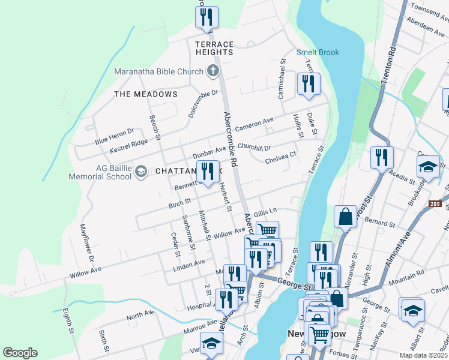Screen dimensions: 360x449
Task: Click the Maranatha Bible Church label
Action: [159, 72]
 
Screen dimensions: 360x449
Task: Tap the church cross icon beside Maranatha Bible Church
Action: [212, 72]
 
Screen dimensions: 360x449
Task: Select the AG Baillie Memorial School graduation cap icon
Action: [140, 172]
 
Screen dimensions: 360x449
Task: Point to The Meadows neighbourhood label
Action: [146, 94]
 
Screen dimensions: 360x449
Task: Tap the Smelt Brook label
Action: [318, 52]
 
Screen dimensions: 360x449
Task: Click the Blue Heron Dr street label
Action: [113, 136]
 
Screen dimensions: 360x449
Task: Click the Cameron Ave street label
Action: [254, 125]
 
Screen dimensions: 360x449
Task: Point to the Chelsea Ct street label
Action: [280, 157]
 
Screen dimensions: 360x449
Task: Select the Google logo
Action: [20, 352]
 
